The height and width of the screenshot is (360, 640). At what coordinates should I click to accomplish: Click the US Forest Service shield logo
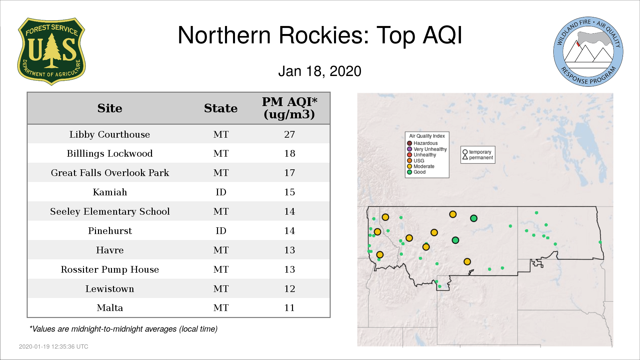[x=51, y=51]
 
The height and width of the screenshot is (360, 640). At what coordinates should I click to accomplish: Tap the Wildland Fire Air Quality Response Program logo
[x=588, y=52]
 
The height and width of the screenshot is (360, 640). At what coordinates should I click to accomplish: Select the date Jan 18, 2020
[x=320, y=71]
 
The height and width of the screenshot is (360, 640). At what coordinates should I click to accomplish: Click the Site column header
[x=110, y=108]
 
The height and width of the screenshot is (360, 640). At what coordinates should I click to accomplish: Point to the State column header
[x=221, y=108]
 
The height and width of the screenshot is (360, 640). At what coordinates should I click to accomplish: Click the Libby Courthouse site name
[x=110, y=134]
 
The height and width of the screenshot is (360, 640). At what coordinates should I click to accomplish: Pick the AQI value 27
[x=289, y=134]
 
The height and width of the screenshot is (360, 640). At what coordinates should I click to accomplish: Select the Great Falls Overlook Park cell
[x=110, y=173]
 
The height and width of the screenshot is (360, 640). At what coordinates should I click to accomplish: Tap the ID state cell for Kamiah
[x=221, y=192]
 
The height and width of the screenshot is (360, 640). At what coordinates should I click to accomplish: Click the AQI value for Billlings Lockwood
[x=289, y=153]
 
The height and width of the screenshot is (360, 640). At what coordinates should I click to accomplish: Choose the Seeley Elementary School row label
[x=110, y=211]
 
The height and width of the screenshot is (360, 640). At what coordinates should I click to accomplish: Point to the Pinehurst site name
[x=110, y=231]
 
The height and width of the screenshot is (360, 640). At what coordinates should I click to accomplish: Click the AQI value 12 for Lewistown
[x=289, y=289]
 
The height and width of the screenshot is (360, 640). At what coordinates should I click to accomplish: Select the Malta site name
[x=110, y=308]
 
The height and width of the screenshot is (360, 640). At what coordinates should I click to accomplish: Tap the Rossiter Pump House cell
[x=110, y=269]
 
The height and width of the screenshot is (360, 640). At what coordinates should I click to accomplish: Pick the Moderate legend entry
[x=421, y=166]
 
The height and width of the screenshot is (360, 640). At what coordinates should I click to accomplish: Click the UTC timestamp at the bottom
[x=54, y=347]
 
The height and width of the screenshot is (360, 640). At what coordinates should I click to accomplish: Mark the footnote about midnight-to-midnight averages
[x=123, y=329]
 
